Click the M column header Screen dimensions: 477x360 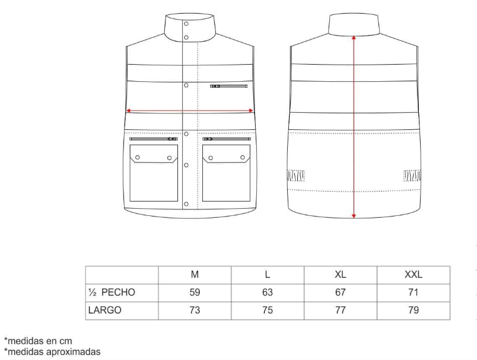pyautogui.click(x=195, y=275)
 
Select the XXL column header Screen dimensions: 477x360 pyautogui.click(x=414, y=275)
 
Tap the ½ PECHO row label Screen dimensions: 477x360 pyautogui.click(x=112, y=292)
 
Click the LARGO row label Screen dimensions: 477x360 pyautogui.click(x=105, y=310)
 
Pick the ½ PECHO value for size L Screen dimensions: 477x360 pyautogui.click(x=268, y=292)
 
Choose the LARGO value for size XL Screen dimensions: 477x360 pyautogui.click(x=341, y=310)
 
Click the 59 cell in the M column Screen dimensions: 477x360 pyautogui.click(x=195, y=292)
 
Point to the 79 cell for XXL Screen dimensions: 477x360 pyautogui.click(x=414, y=310)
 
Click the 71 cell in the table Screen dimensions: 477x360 pyautogui.click(x=414, y=292)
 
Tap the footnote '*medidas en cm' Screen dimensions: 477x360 pyautogui.click(x=38, y=340)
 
